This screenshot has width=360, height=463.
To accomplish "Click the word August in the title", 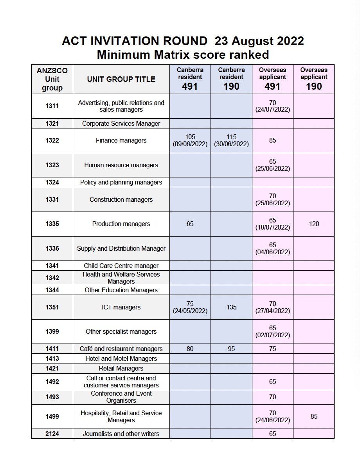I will tap(250, 41).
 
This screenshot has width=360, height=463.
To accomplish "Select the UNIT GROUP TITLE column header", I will tap(121, 79).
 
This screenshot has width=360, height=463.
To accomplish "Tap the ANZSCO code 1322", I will tap(52, 140).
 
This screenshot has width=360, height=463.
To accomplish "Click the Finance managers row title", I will tap(121, 140).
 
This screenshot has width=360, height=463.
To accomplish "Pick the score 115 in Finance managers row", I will tap(231, 137).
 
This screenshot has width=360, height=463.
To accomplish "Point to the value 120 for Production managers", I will tap(314, 224).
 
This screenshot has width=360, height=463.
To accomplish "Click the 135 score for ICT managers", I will tap(231, 307).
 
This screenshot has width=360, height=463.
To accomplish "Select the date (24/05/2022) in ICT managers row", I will tap(190, 311).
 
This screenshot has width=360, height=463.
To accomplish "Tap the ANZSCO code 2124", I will tap(52, 434).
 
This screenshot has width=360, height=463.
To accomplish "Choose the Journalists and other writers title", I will tap(121, 434).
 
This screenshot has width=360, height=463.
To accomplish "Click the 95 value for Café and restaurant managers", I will tap(231, 349).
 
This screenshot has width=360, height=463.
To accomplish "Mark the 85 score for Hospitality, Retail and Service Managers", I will tap(314, 416).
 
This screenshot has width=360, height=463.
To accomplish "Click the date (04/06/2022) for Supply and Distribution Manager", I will tap(273, 252).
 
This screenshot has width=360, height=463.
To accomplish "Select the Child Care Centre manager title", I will tap(121, 266).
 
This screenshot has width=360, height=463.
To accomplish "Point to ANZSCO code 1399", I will tap(52, 331).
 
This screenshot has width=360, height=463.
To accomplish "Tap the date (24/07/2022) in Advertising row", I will tap(273, 110).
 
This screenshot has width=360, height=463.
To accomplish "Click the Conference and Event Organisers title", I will tap(121, 397).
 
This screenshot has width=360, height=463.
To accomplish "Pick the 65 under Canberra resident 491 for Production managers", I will tap(190, 224).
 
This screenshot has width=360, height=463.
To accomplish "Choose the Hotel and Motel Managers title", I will tap(121, 358).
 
